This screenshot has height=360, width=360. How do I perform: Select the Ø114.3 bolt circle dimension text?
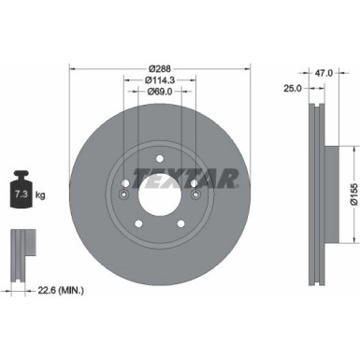click(159, 81)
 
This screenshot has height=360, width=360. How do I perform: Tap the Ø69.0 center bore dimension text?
click(159, 94)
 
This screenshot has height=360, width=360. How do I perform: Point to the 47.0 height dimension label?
click(324, 70)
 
